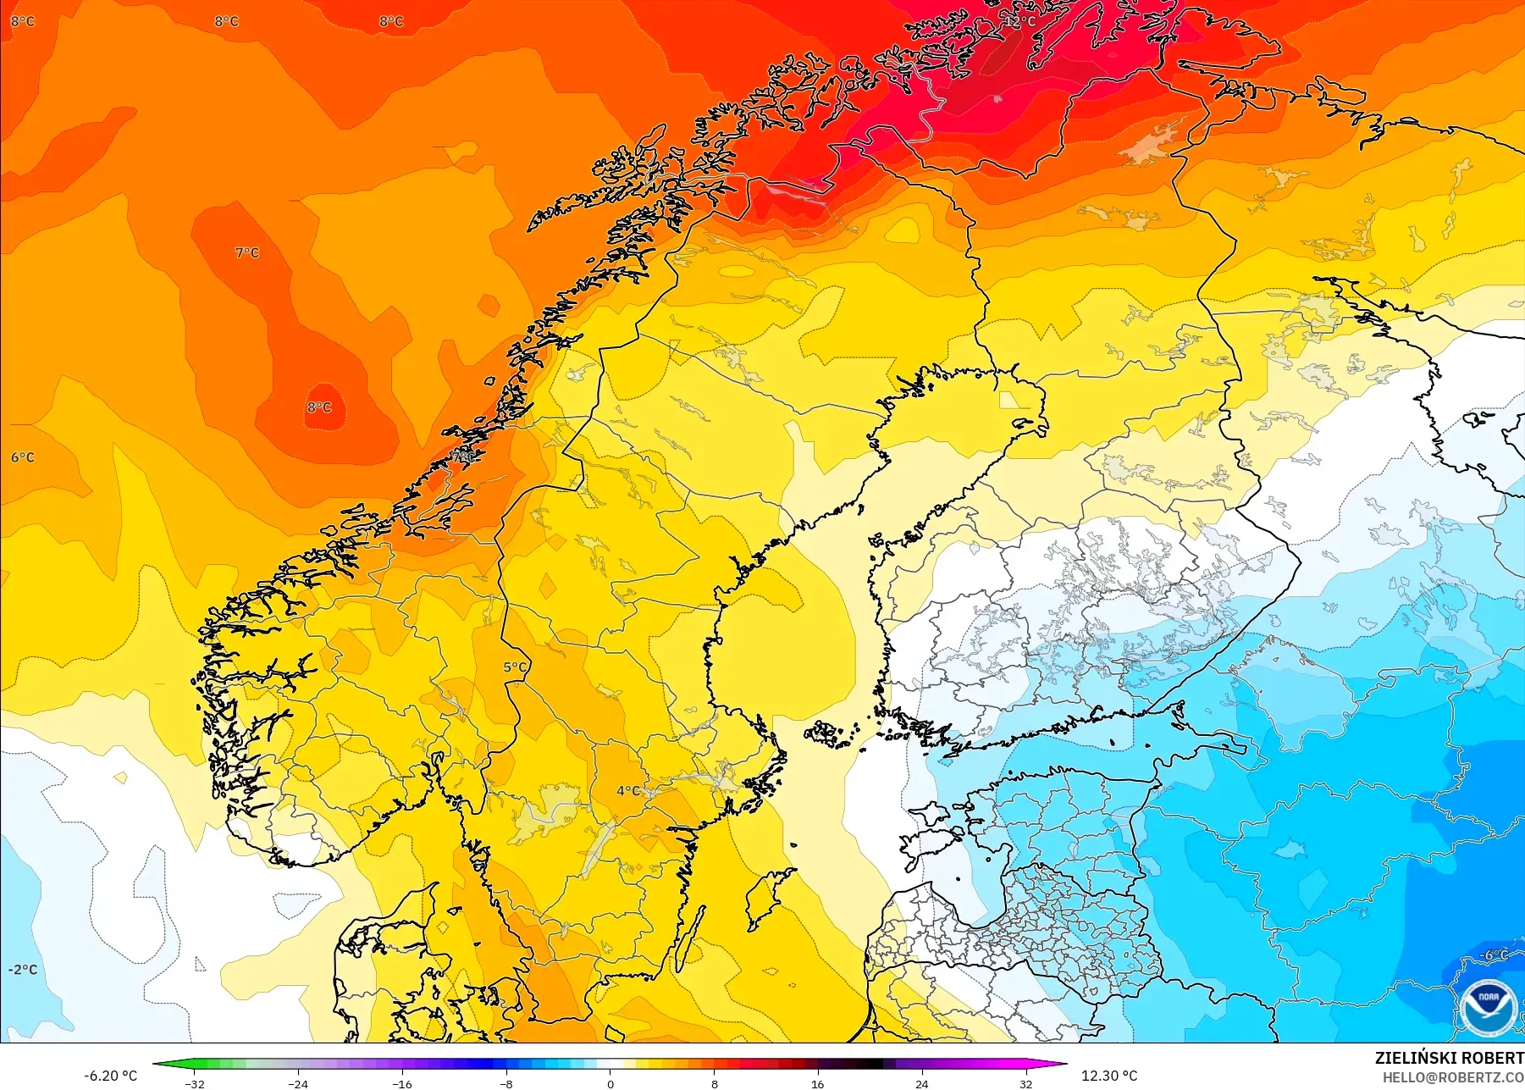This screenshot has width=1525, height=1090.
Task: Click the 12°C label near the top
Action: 1022,21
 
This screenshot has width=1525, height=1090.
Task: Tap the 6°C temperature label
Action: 23,457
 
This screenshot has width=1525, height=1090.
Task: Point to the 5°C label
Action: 515,667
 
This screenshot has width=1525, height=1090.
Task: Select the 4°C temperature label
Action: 628,791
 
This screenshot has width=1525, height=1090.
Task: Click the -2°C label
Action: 23,970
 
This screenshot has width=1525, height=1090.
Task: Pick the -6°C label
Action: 1493,955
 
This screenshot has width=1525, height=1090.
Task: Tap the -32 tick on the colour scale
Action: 195,1083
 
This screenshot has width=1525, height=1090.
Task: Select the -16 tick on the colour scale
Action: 402,1083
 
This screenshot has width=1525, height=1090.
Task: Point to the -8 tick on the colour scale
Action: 506,1083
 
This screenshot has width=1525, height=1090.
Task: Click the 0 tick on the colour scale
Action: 610,1083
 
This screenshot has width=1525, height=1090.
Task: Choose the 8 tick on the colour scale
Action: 714,1083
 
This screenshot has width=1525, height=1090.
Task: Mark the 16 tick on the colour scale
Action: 817,1083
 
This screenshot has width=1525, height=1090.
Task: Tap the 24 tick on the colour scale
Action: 921,1083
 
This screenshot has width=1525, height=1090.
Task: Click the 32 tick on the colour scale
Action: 1025,1083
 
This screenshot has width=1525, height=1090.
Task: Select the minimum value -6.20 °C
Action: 110,1076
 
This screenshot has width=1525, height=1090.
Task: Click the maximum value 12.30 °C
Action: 1109,1076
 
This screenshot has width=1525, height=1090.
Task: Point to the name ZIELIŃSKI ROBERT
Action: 1449,1058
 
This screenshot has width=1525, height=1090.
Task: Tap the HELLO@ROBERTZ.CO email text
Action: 1453,1078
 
